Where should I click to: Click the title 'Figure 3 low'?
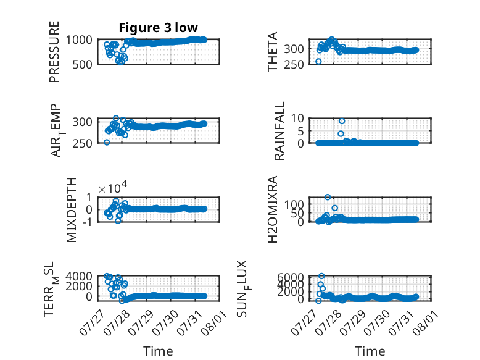tap(159, 28)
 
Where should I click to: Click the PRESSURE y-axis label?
tap(54, 52)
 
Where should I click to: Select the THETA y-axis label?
tap(272, 52)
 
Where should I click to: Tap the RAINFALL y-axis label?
tap(279, 131)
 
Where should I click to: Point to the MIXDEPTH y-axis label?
tap(71, 210)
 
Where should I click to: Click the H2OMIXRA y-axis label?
tap(272, 209)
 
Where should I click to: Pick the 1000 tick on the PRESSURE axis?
tap(79, 40)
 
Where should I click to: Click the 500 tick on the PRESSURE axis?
tap(82, 65)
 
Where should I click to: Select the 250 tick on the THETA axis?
tap(294, 65)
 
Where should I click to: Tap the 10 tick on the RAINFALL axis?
tap(297, 118)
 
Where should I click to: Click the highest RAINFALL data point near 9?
tap(342, 121)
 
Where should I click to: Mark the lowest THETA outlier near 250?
tap(318, 62)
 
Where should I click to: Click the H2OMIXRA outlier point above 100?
tap(328, 197)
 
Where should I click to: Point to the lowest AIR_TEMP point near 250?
tap(107, 142)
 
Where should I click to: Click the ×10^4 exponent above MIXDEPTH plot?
tap(113, 188)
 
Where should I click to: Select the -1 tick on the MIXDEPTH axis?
tap(87, 222)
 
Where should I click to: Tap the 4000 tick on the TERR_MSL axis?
tap(79, 277)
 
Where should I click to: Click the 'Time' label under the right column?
tap(370, 351)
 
